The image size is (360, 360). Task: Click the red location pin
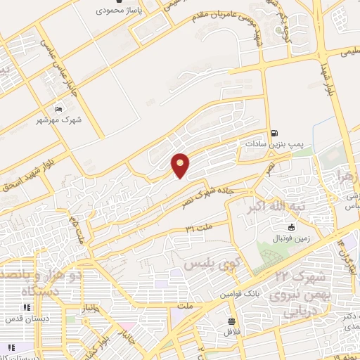[181, 165]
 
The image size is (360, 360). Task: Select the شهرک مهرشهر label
[59, 120]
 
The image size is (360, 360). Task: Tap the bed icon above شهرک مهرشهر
[58, 109]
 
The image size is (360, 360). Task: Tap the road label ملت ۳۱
[199, 229]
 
